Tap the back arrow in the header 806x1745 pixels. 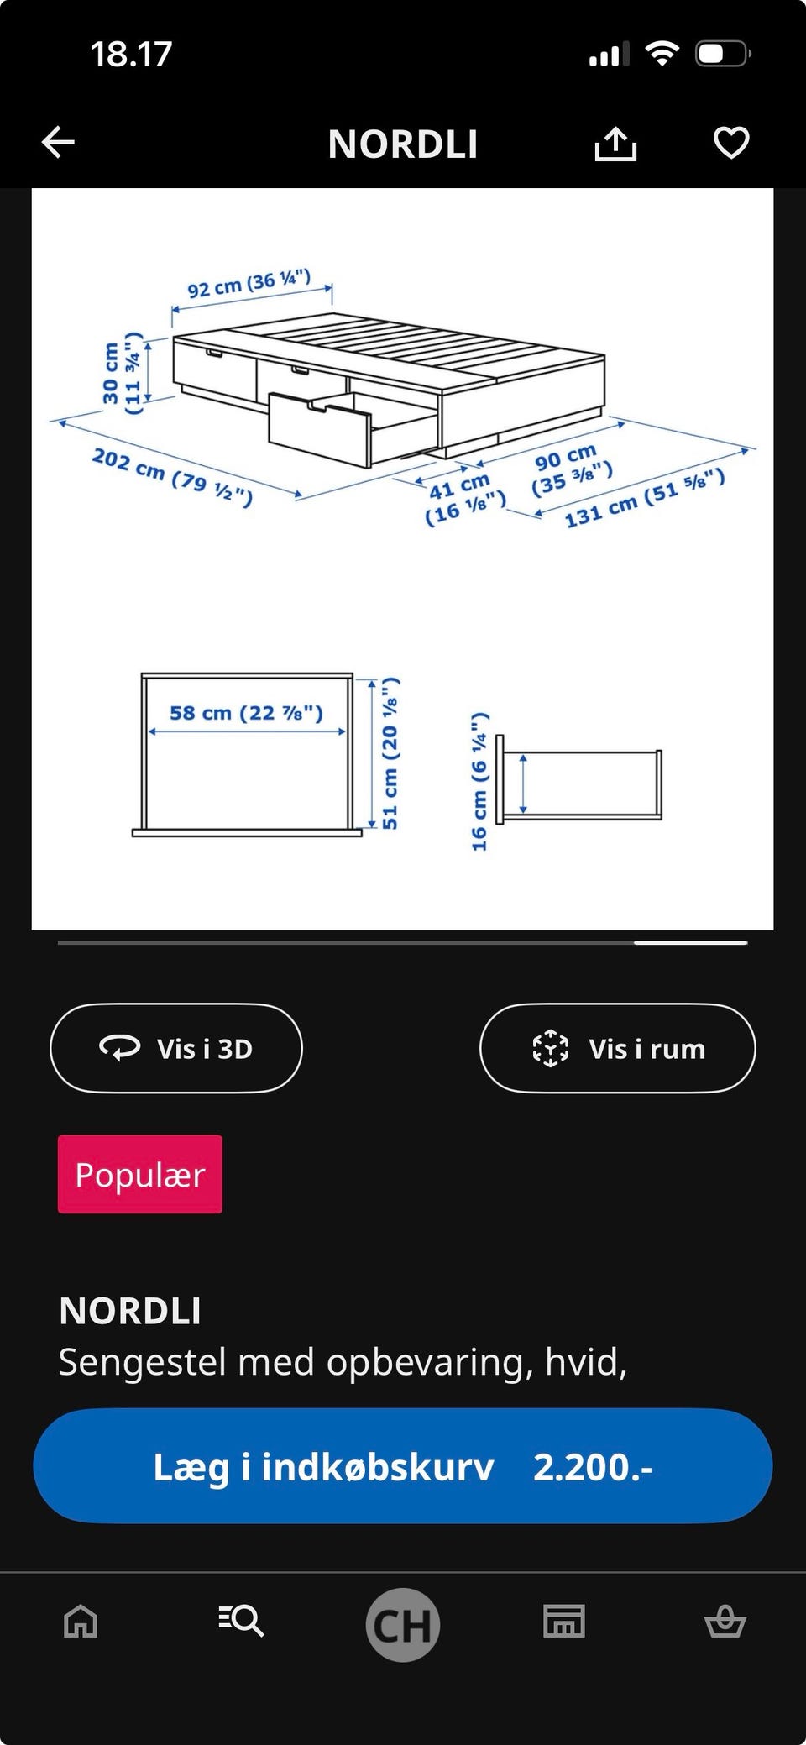tap(59, 143)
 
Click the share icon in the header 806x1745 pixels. tap(615, 144)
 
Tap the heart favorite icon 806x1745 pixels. tap(730, 143)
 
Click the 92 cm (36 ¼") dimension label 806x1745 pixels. tap(249, 284)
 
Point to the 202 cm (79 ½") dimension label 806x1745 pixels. tap(172, 477)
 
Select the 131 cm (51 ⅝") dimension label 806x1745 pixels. tap(644, 498)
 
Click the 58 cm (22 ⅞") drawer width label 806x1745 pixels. tap(246, 713)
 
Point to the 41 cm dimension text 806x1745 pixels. tap(460, 485)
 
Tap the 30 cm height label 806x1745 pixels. tap(110, 374)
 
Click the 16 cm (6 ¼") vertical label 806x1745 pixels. tap(479, 781)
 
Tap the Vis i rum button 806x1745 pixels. tap(617, 1048)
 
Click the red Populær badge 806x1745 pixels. tap(140, 1174)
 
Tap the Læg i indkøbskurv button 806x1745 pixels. tap(403, 1466)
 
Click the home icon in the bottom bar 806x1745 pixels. tap(81, 1621)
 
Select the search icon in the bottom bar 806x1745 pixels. tap(242, 1621)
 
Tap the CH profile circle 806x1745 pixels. tap(403, 1624)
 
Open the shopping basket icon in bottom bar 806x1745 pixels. tap(725, 1621)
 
